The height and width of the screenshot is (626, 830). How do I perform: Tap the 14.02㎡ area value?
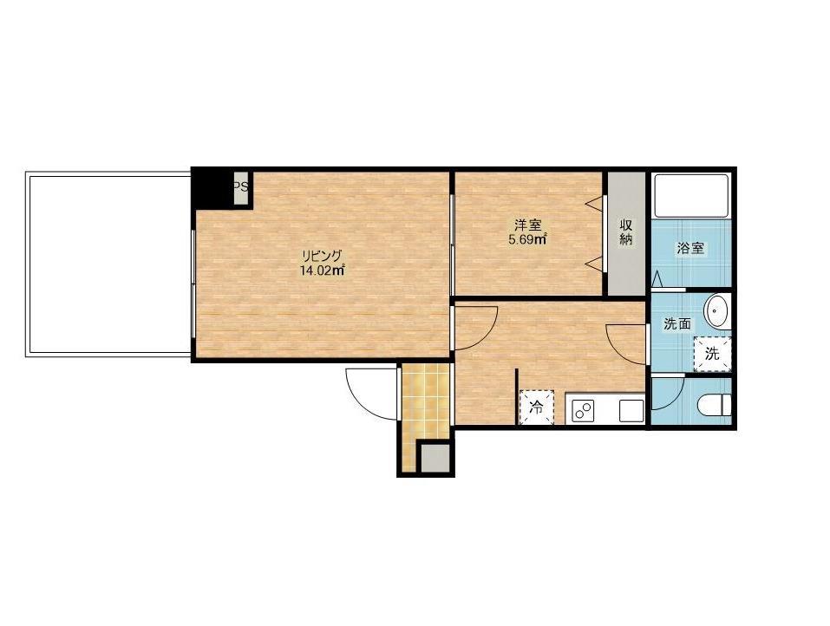(x=323, y=271)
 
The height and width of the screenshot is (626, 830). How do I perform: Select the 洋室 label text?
(x=527, y=225)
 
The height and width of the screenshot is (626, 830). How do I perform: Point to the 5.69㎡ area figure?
(x=527, y=239)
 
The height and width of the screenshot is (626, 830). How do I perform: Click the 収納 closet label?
(x=626, y=231)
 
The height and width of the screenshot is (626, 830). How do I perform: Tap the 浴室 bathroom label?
(x=690, y=248)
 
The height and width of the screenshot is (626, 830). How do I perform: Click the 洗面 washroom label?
(x=677, y=324)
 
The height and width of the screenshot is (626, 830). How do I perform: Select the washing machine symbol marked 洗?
(x=713, y=354)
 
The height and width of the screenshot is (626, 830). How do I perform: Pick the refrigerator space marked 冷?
(x=536, y=407)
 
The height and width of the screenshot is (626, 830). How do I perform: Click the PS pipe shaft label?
(x=241, y=186)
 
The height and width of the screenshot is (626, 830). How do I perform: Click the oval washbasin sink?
(x=717, y=312)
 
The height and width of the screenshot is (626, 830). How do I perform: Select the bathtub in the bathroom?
(x=691, y=195)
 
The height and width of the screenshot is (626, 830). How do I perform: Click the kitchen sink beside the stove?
(x=631, y=411)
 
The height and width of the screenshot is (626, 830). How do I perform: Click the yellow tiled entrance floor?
(x=424, y=408)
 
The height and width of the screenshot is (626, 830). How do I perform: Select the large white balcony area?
(x=108, y=264)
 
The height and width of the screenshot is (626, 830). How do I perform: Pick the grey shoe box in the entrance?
(x=435, y=458)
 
